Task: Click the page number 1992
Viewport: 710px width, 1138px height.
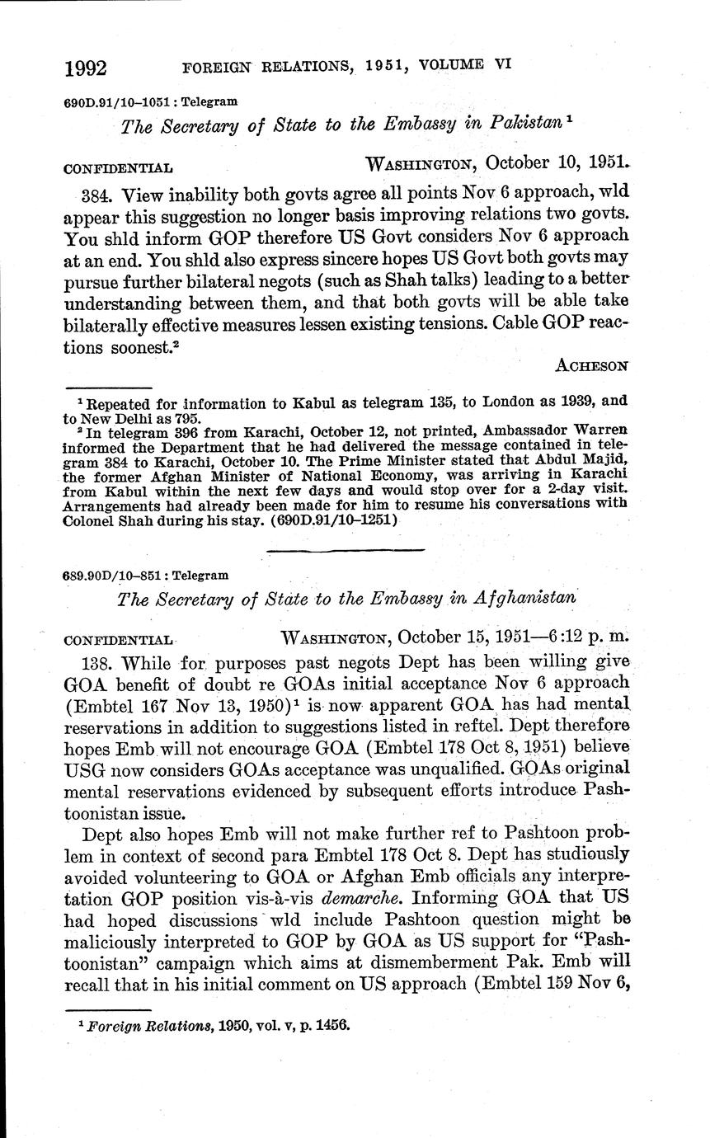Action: click(87, 68)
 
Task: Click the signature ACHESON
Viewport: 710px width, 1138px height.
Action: click(592, 364)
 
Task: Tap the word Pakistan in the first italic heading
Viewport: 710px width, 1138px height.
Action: click(522, 125)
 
